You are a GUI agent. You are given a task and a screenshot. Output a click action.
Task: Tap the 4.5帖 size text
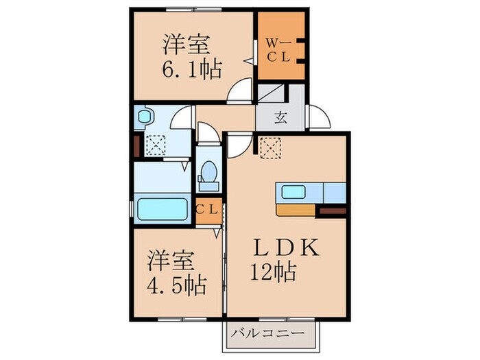tap(176, 284)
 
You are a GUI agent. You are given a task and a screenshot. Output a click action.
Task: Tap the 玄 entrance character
tap(281, 117)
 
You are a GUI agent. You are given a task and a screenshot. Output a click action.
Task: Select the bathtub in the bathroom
tap(162, 209)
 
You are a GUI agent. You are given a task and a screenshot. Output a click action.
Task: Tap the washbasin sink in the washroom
tap(144, 117)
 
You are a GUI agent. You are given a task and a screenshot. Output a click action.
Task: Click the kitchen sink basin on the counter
tap(293, 192)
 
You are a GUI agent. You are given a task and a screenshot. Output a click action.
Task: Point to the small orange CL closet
tap(206, 211)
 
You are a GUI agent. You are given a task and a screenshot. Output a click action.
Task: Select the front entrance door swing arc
tap(318, 117)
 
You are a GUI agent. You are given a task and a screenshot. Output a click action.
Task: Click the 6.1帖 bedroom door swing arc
tap(241, 91)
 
